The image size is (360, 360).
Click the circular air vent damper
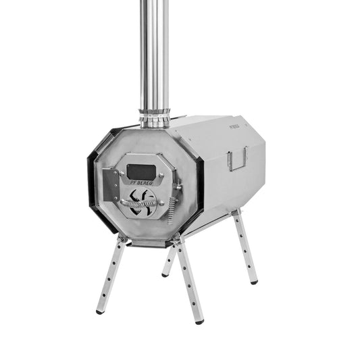pyautogui.click(x=143, y=201)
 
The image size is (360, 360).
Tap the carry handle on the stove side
pyautogui.click(x=237, y=160)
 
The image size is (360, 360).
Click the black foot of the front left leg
pyautogui.click(x=101, y=311)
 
